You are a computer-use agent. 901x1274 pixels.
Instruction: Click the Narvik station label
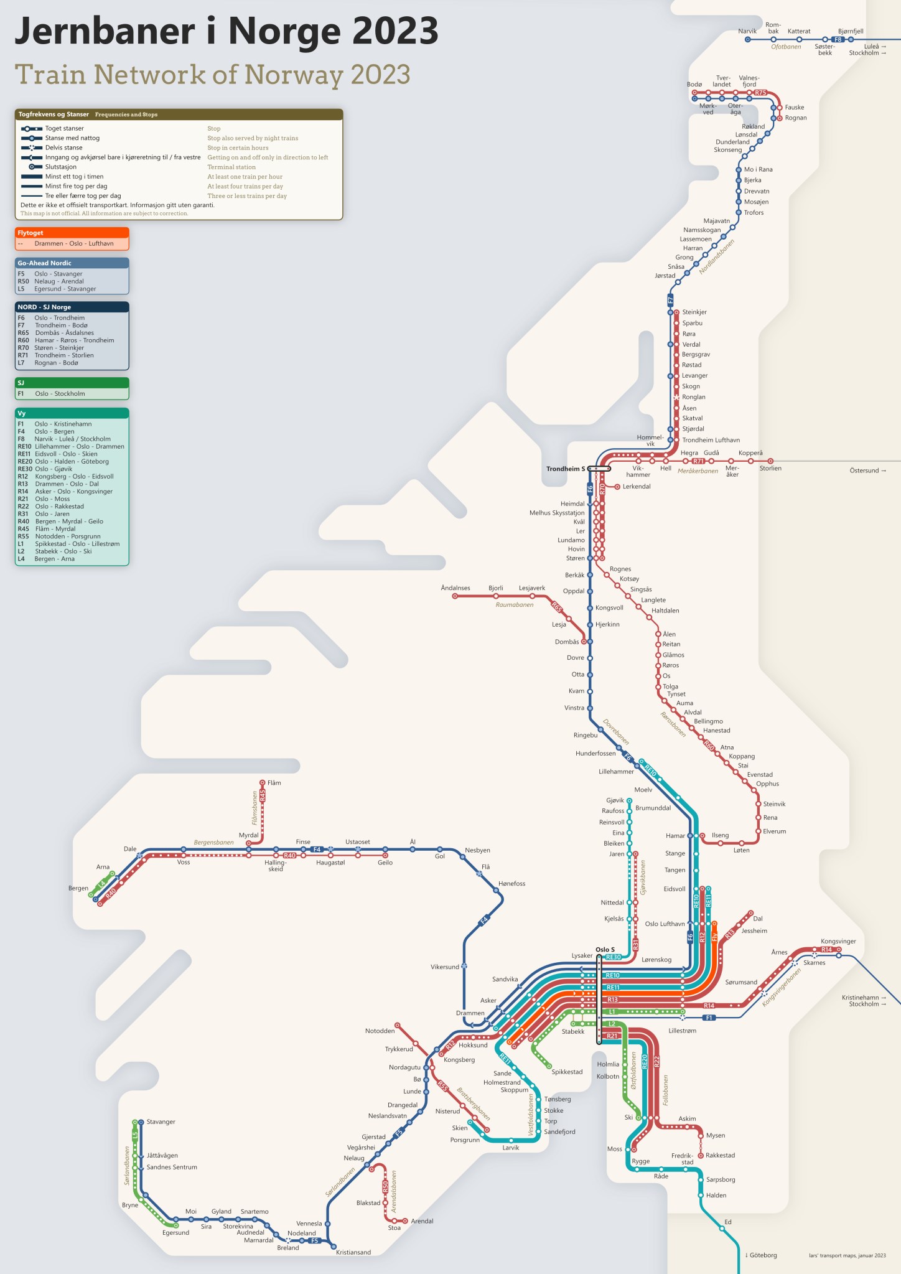click(x=747, y=31)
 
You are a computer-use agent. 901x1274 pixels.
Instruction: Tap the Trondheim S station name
click(x=565, y=469)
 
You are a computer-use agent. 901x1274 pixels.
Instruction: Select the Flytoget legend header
click(x=30, y=233)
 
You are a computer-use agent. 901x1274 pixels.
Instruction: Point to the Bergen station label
click(x=78, y=888)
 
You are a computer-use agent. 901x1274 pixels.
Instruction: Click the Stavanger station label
click(x=161, y=1122)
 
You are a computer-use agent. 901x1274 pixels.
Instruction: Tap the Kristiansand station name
click(x=353, y=1252)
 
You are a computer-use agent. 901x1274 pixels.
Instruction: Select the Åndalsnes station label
click(x=455, y=588)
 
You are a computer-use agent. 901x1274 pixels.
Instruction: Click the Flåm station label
click(x=274, y=782)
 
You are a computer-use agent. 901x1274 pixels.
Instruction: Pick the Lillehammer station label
click(x=615, y=771)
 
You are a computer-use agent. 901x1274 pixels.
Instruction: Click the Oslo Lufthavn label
click(x=665, y=924)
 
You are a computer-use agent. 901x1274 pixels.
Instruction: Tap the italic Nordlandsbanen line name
click(x=716, y=256)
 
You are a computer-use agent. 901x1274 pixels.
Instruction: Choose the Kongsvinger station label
click(x=838, y=941)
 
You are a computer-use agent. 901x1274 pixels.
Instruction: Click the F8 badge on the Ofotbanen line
click(x=838, y=39)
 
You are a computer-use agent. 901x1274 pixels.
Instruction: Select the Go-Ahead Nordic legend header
click(x=44, y=263)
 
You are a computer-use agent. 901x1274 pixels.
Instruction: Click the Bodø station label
click(x=694, y=84)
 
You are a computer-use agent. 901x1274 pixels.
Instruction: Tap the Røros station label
click(x=670, y=665)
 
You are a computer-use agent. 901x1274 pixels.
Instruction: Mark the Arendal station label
click(x=421, y=1220)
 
